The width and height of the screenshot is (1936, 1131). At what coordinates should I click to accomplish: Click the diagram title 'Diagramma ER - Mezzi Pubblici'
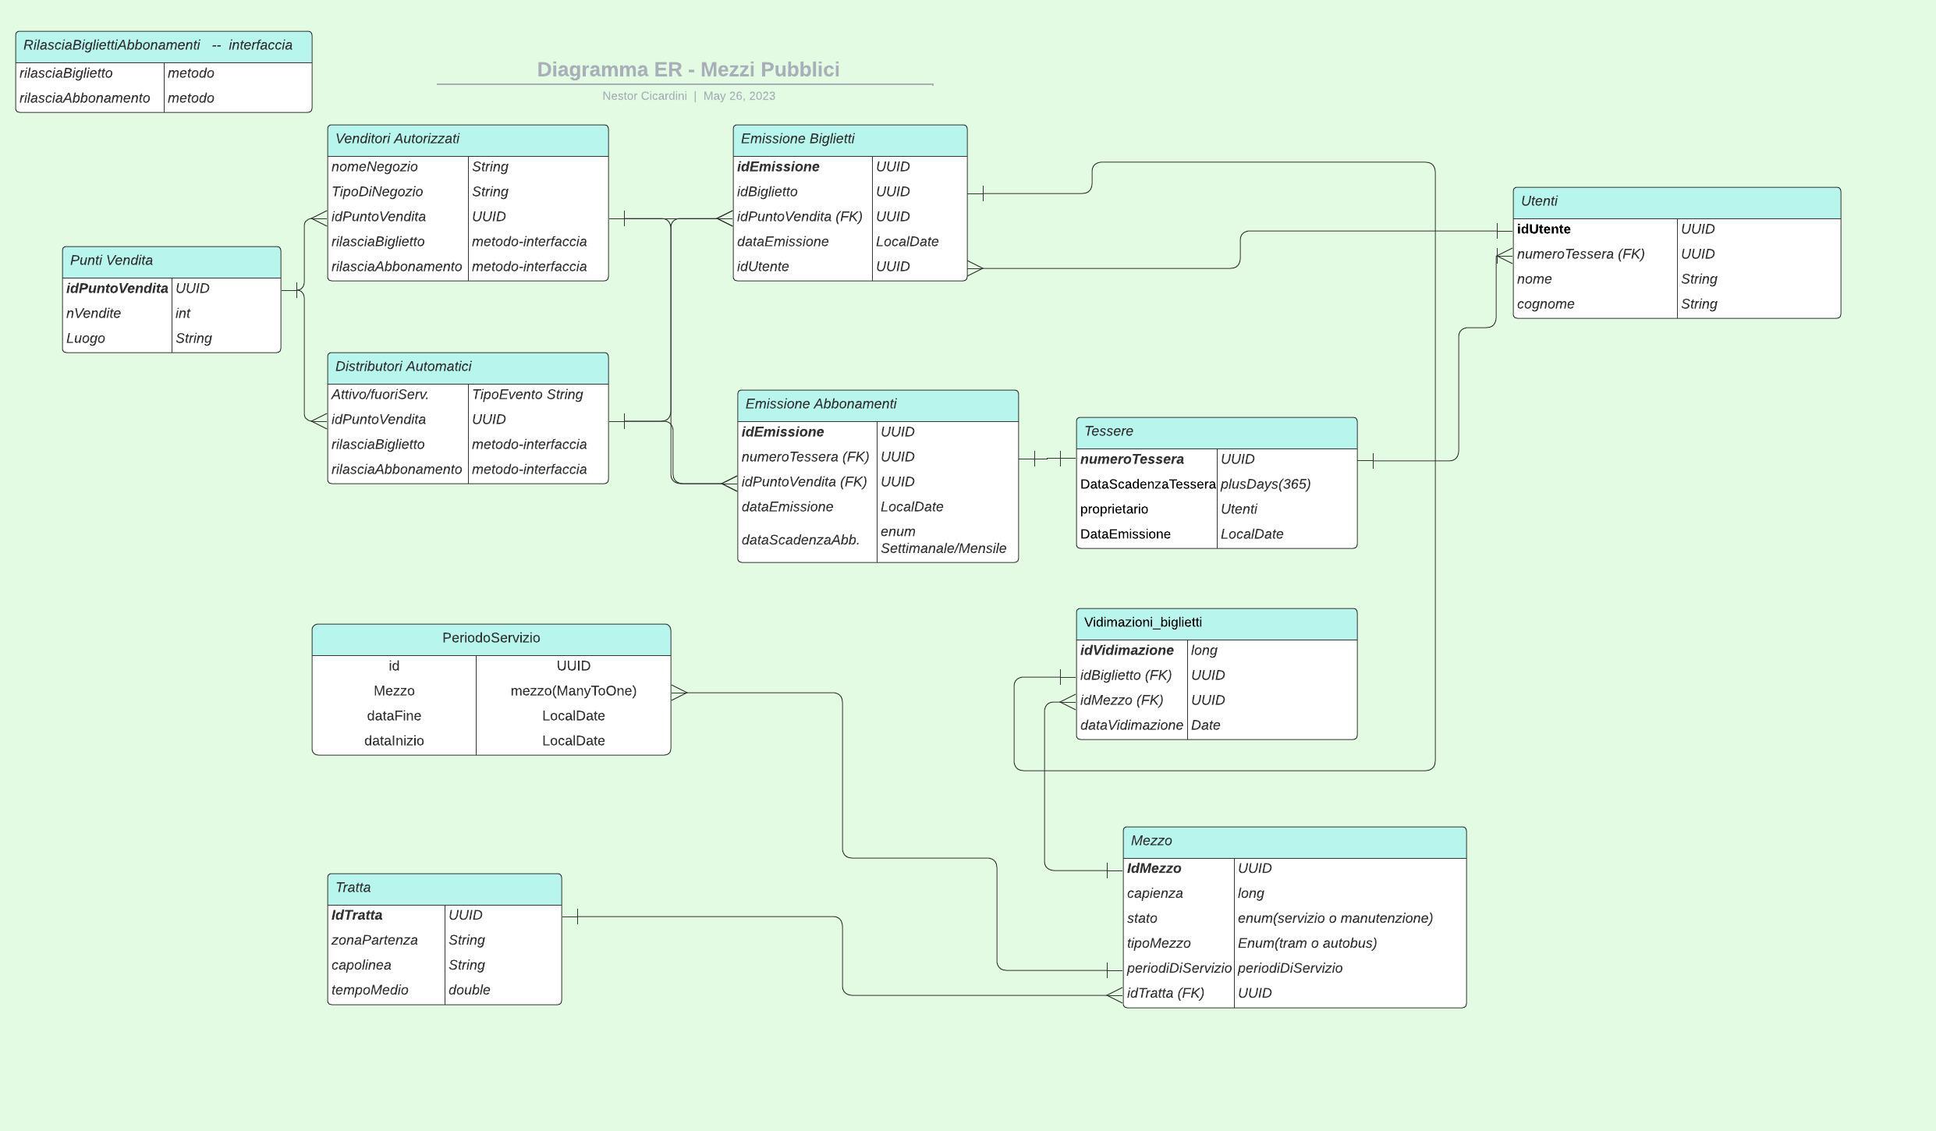click(x=688, y=69)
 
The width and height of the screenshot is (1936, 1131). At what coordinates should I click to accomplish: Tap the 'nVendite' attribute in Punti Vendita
click(x=94, y=314)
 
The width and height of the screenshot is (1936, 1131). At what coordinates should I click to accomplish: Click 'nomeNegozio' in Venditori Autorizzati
click(x=374, y=167)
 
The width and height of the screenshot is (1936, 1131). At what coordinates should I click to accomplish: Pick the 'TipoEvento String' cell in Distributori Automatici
click(x=527, y=395)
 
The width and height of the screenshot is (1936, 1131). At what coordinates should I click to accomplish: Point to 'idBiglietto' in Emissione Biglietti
click(x=767, y=192)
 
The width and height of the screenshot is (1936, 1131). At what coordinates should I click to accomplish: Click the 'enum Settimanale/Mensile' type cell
click(x=943, y=540)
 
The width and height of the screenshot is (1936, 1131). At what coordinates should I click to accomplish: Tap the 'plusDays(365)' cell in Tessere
click(x=1265, y=484)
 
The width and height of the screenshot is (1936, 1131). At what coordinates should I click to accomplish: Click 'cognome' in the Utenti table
click(x=1545, y=304)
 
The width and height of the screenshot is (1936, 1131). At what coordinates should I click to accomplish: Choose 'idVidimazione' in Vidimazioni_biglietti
click(x=1126, y=651)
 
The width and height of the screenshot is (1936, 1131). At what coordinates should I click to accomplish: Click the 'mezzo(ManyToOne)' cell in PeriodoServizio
click(x=573, y=691)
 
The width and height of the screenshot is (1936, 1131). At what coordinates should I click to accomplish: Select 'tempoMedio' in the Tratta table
click(x=370, y=990)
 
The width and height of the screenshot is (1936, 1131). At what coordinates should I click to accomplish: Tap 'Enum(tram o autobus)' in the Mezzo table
click(x=1307, y=943)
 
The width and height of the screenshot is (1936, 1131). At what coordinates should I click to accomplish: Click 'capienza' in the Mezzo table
click(x=1154, y=893)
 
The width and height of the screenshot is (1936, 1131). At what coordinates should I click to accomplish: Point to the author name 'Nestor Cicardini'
click(x=644, y=96)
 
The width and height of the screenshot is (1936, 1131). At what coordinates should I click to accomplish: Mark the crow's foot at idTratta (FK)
click(x=1115, y=994)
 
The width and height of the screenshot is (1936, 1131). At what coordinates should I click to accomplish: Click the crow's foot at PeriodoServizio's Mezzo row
click(x=679, y=692)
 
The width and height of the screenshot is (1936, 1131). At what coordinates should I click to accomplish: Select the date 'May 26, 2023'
click(x=739, y=96)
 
